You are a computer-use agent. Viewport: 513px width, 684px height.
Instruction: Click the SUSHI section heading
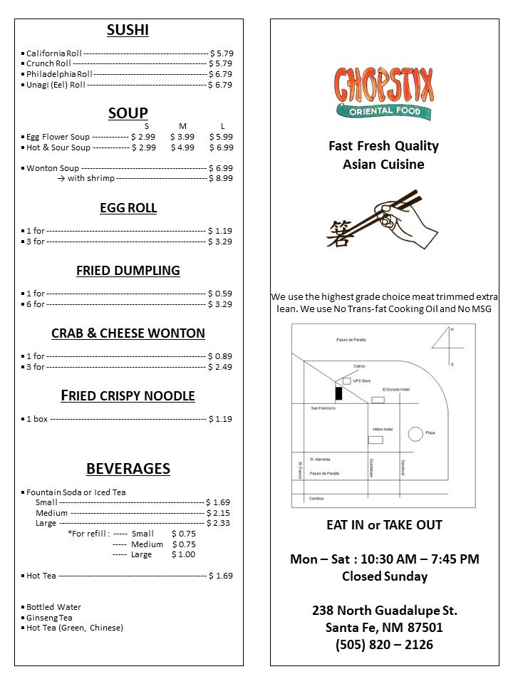coord(128,30)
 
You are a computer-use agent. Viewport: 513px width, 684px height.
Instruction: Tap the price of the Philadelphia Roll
coord(220,74)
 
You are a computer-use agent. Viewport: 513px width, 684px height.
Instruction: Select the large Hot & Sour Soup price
coord(221,147)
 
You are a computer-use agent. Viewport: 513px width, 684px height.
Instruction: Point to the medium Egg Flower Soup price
coord(182,137)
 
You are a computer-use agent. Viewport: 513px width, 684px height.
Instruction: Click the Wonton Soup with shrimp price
coord(220,179)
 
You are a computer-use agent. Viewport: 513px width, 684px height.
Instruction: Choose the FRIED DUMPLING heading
coord(128,271)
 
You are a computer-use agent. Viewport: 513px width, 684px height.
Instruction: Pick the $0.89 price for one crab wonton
coord(220,356)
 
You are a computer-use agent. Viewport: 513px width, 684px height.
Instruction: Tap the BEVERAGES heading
coord(128,469)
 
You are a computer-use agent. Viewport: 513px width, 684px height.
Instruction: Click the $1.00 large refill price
coord(183,554)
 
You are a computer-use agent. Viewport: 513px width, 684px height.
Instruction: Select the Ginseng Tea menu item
coord(49,618)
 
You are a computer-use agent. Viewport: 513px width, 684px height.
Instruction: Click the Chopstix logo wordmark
coord(384,85)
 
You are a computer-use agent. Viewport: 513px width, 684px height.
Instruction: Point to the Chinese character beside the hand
coord(338,233)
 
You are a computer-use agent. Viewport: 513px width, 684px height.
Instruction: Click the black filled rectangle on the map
coord(338,393)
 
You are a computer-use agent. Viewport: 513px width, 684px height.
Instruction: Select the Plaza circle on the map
coord(415,433)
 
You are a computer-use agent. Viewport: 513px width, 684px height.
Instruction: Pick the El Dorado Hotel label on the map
coord(396,390)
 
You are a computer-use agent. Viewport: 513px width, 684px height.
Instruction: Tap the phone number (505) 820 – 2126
coord(384,645)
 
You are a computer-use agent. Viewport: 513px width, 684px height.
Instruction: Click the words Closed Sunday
coord(384,576)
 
